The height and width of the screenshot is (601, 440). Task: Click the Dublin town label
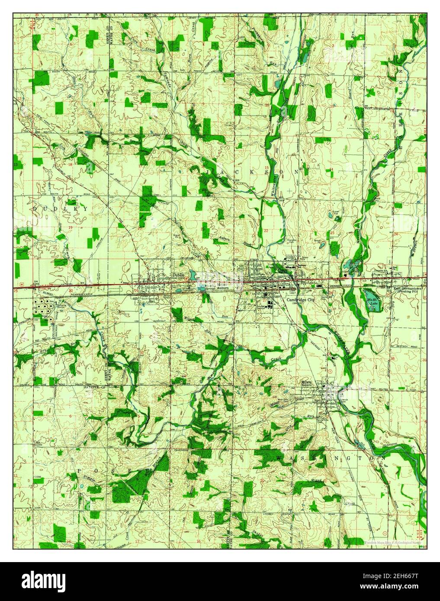[178, 275]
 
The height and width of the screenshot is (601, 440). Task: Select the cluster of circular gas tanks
[44, 309]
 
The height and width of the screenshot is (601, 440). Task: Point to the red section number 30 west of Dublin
[71, 291]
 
